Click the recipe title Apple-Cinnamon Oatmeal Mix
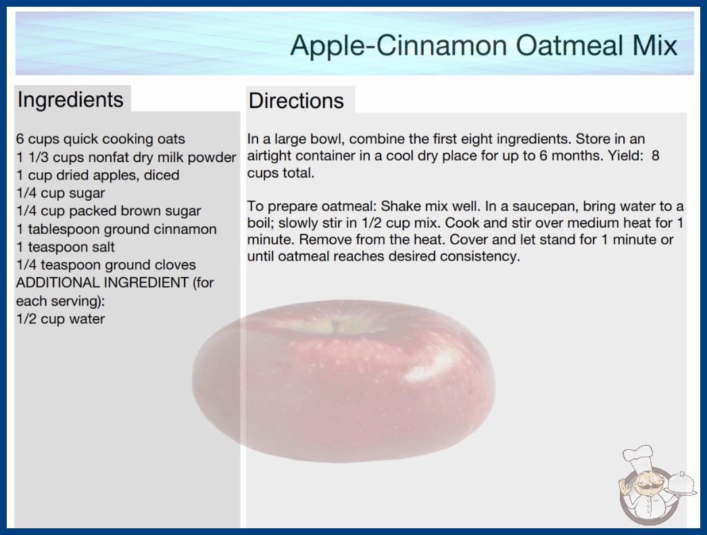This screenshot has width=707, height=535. tap(483, 45)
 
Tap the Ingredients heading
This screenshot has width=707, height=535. tap(70, 100)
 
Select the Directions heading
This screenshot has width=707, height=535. tap(296, 101)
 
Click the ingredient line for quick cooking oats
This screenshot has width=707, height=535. tap(101, 139)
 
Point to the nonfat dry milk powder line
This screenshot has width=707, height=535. tap(126, 157)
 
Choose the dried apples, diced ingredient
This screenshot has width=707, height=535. tap(98, 175)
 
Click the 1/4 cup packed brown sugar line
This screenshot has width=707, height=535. tap(109, 211)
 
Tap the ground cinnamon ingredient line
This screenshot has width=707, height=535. tap(116, 229)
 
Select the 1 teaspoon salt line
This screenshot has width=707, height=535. tap(66, 247)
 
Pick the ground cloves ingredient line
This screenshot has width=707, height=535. tap(106, 265)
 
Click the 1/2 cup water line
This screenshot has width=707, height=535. tap(60, 319)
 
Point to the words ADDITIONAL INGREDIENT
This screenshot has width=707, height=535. tap(102, 282)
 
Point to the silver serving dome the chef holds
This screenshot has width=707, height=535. tap(681, 484)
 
